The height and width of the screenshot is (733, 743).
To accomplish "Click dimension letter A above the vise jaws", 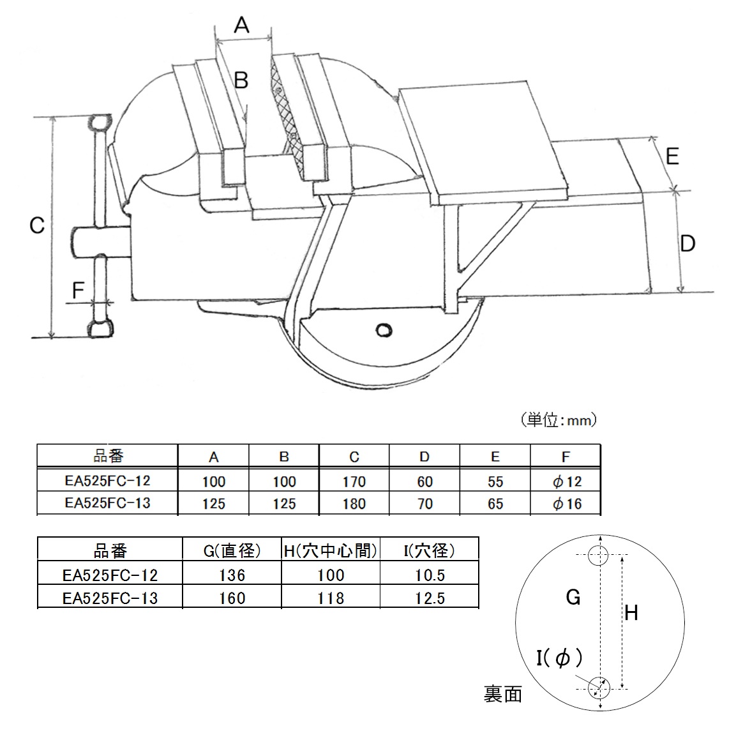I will click(241, 25).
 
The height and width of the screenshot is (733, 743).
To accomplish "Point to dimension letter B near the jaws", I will click(241, 81).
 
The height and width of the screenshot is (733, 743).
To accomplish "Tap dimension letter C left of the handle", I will click(37, 225).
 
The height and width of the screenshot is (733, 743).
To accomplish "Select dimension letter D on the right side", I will click(687, 243).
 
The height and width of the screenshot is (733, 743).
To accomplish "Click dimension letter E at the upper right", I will click(672, 156).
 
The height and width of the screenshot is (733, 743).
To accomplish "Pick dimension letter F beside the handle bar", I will click(78, 291).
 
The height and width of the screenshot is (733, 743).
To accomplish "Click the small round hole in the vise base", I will click(384, 329).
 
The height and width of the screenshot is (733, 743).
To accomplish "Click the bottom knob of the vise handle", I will click(101, 329).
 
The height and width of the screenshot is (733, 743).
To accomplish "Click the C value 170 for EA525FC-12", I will click(354, 481).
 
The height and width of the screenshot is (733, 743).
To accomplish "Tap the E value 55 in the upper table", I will click(495, 481).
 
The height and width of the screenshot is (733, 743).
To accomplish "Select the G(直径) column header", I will click(231, 550).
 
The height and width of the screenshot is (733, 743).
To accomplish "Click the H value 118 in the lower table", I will click(331, 598).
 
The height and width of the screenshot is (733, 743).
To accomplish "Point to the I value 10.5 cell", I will click(430, 575).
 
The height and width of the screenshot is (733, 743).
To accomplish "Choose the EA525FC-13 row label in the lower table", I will click(110, 598).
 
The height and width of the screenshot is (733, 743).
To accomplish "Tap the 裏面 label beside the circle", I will click(503, 694).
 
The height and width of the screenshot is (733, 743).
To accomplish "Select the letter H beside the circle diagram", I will click(631, 614).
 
